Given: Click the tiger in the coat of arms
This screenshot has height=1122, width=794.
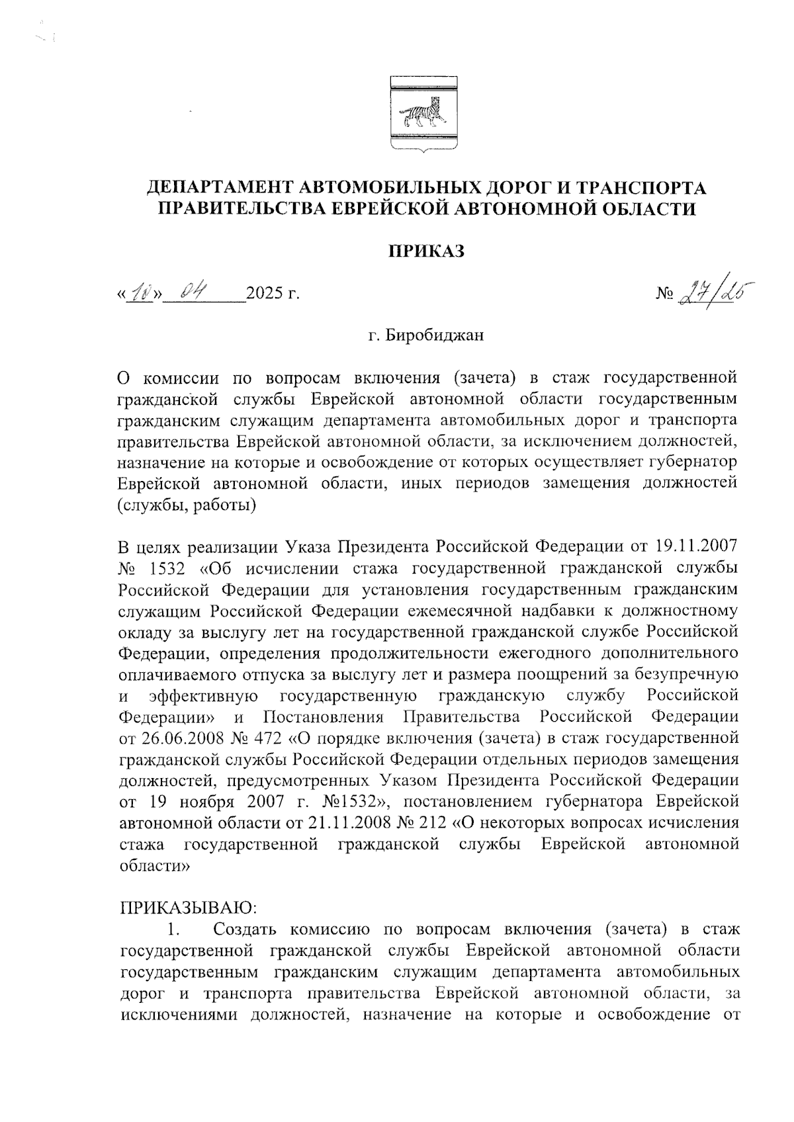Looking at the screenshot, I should click(x=421, y=113).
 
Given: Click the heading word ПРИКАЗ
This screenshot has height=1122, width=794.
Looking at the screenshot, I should click(x=426, y=252).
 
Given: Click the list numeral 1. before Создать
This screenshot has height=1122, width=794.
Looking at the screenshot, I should click(x=174, y=929).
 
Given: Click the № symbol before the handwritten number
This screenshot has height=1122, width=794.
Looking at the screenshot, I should click(x=664, y=293).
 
